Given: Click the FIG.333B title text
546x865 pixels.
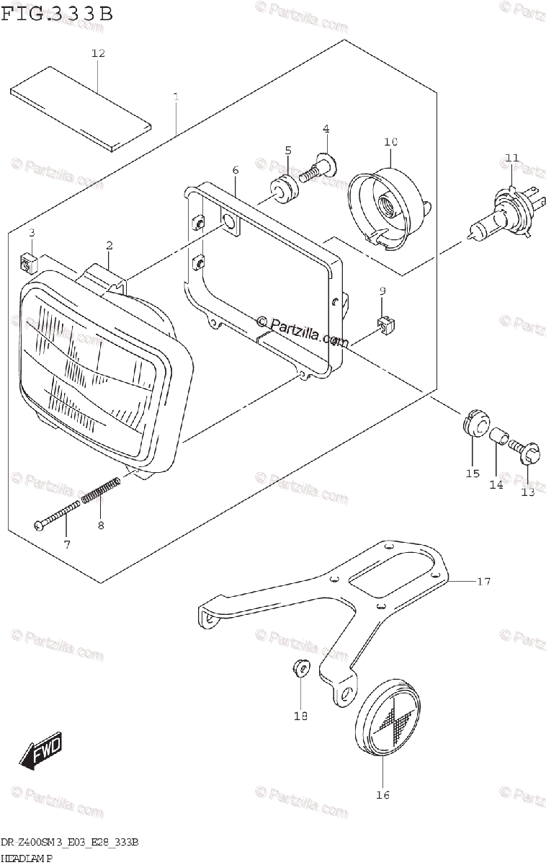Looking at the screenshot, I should (57, 14).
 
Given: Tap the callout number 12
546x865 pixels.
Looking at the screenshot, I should (99, 53).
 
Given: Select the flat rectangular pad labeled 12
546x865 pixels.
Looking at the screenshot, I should (81, 110).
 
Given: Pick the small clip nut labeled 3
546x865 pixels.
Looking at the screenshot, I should (27, 262).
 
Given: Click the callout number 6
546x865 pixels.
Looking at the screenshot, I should (235, 170).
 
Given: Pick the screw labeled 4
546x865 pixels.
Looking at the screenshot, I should (318, 167).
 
